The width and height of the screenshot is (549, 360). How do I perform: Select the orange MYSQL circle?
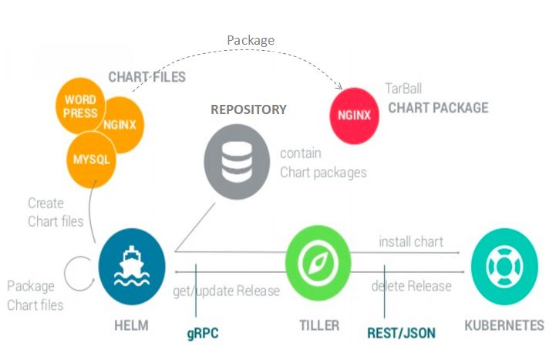[91, 160]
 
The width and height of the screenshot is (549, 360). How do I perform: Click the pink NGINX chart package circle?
[355, 116]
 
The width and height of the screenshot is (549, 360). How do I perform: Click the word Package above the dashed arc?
[251, 39]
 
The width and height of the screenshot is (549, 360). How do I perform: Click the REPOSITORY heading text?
[248, 109]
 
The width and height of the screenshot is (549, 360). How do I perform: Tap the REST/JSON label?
[400, 333]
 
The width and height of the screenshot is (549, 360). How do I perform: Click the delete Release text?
[411, 286]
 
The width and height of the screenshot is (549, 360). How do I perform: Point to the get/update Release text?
[226, 291]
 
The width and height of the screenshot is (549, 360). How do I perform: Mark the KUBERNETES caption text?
[504, 325]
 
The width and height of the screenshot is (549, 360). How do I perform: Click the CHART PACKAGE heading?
[437, 107]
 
